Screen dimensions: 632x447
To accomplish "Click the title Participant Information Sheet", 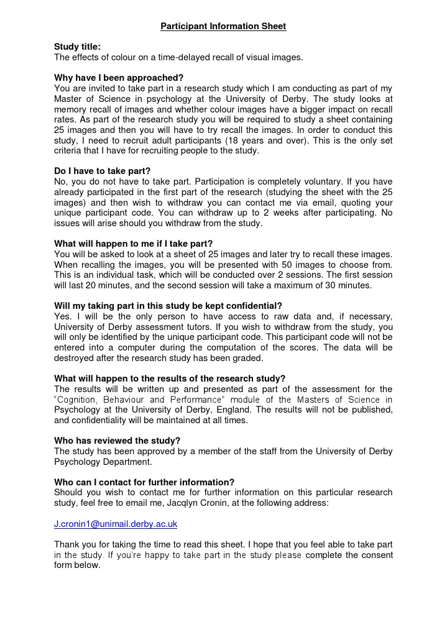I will (x=223, y=27).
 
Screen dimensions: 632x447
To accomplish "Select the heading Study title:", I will (x=77, y=47).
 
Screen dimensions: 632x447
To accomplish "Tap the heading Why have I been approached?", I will (x=119, y=78).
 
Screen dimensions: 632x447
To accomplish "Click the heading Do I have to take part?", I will (x=103, y=171).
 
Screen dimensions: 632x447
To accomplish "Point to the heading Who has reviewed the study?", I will (x=117, y=441).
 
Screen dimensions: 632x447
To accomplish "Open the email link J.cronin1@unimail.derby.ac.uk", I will (x=116, y=524).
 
